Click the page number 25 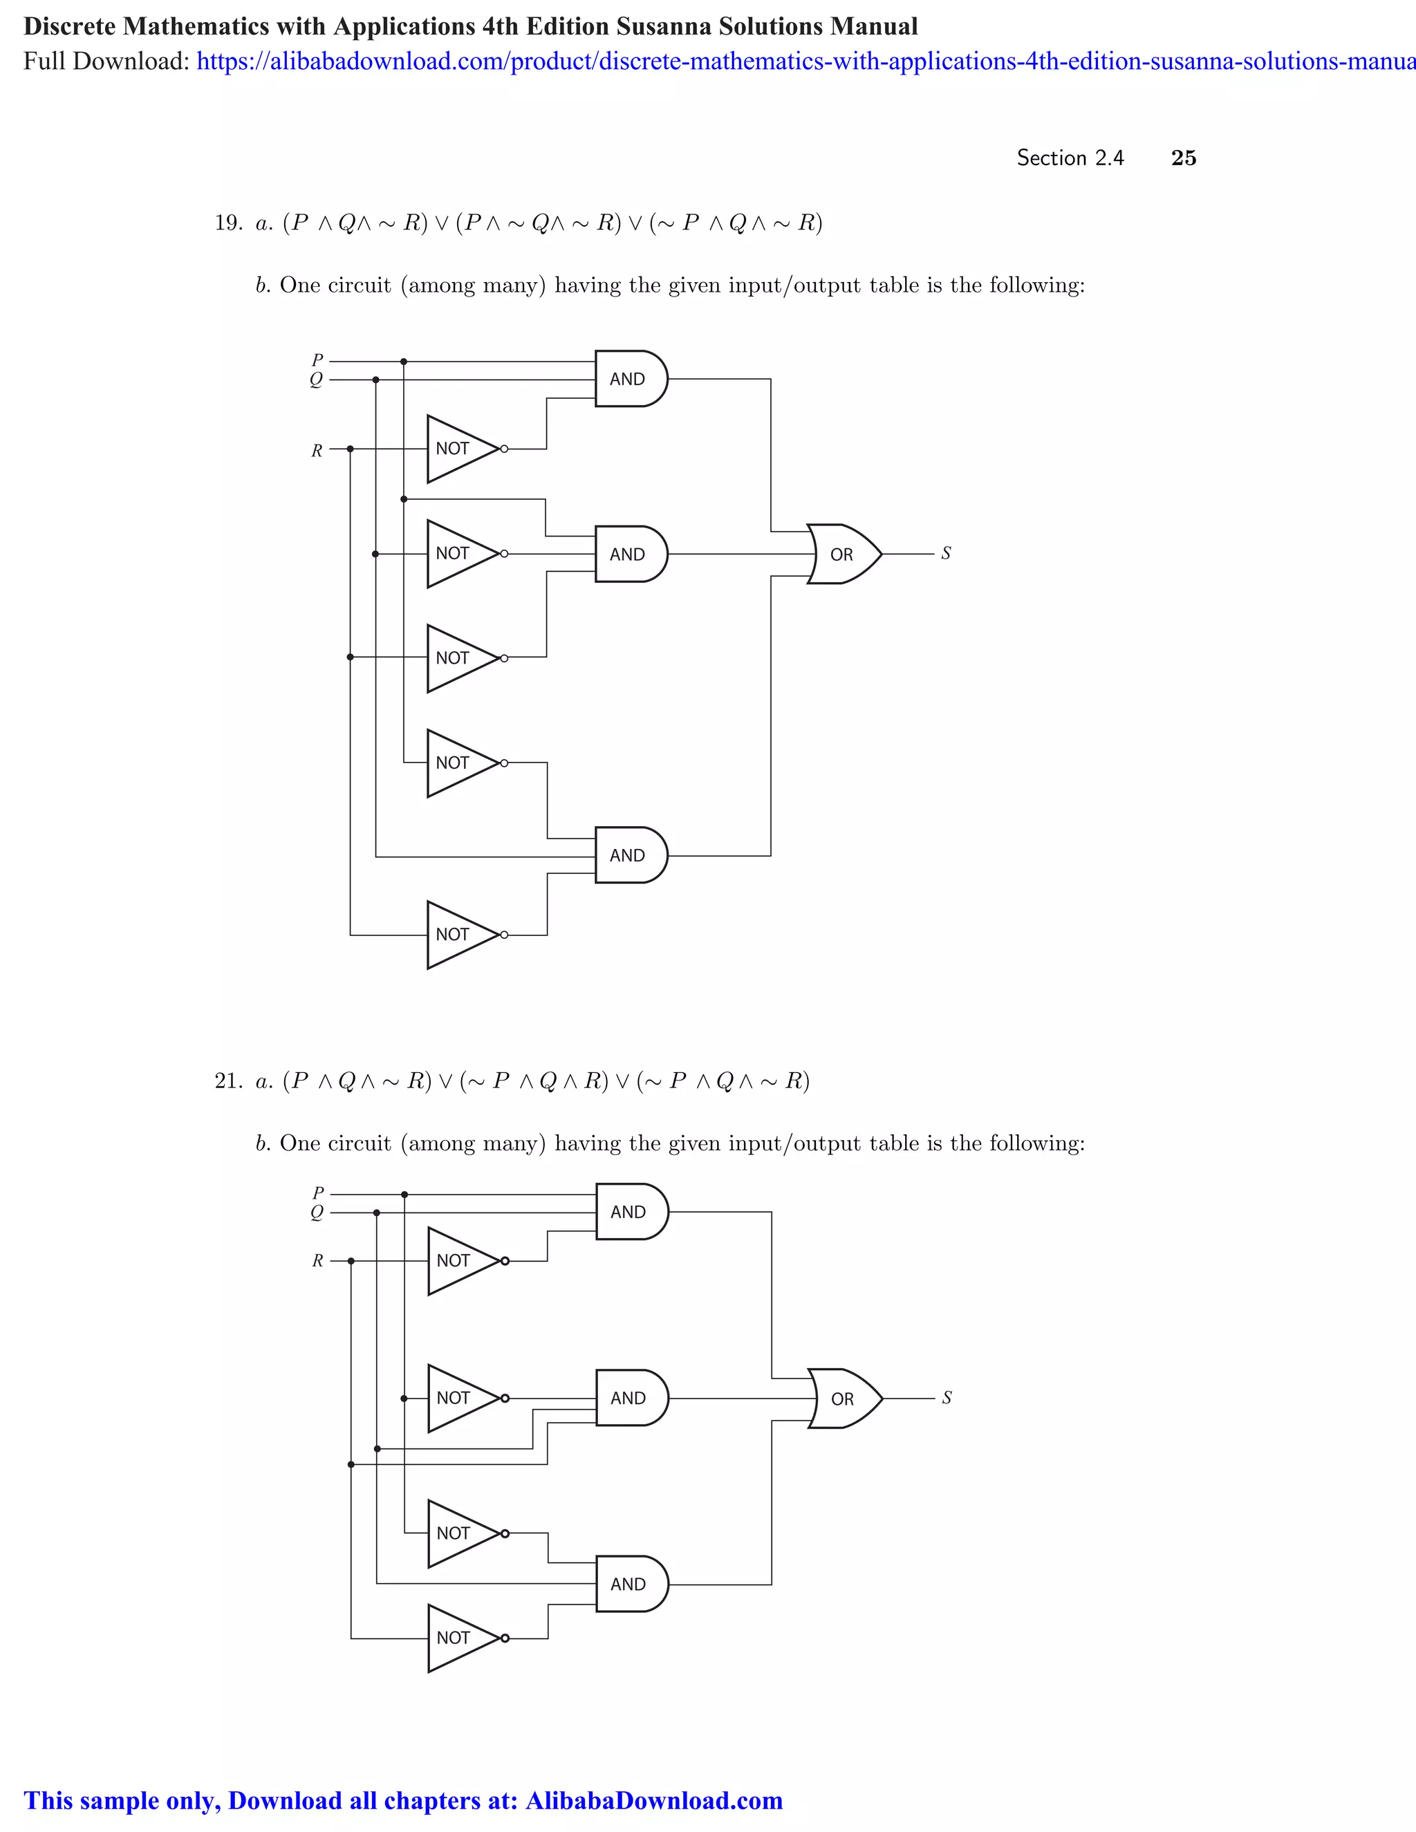[x=1183, y=158]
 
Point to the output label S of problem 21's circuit [x=947, y=1397]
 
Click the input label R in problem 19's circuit [x=317, y=451]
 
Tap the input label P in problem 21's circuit [x=318, y=1193]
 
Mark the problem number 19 [x=227, y=223]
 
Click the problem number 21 [x=227, y=1081]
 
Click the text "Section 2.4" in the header [x=1070, y=158]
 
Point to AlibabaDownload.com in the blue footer [x=653, y=1801]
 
